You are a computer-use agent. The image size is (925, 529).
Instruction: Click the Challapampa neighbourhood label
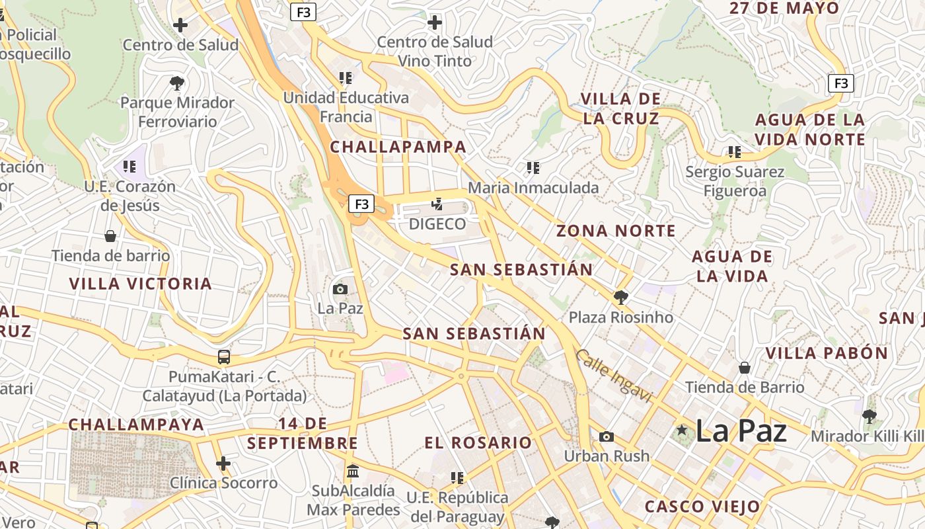click(398, 147)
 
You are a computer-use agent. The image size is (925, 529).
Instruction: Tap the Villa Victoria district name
click(141, 284)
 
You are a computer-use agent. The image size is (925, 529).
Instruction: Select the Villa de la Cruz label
click(620, 108)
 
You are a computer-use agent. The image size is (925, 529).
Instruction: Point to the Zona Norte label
click(616, 231)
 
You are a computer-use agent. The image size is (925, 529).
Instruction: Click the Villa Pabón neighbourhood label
click(827, 353)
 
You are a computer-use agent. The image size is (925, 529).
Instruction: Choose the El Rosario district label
click(478, 442)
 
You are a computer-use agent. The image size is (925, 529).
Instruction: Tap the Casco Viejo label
click(702, 507)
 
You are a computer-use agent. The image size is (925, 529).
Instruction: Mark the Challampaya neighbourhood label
click(136, 425)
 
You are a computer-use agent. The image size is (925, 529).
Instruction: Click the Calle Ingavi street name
click(613, 376)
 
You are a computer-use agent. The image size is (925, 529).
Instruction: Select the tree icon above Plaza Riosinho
click(620, 297)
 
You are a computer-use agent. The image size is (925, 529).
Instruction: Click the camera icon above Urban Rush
click(606, 436)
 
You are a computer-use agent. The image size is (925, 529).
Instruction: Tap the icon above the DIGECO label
click(437, 204)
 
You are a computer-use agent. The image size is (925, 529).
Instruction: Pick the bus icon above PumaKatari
click(224, 357)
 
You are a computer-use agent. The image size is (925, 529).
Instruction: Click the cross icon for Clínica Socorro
click(223, 464)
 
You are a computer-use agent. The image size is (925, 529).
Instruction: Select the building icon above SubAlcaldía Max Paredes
click(353, 471)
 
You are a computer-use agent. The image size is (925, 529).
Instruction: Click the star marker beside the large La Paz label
click(682, 430)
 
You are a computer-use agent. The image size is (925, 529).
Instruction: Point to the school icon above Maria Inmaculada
click(533, 168)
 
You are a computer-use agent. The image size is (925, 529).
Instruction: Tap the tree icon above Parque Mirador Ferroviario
click(176, 83)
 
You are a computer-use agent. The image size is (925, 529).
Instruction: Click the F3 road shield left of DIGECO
click(361, 204)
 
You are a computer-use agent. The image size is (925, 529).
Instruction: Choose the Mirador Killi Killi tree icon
click(869, 417)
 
